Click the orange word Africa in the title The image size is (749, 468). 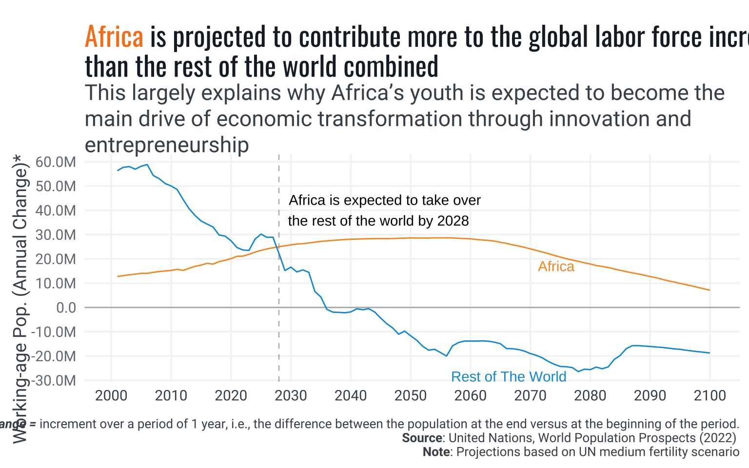point(114,37)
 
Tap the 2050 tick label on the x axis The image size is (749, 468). point(411,395)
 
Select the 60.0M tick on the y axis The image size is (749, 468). point(56,162)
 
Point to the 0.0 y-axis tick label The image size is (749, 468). point(66,308)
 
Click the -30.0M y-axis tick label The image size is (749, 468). point(54,380)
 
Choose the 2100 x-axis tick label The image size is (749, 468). point(710,395)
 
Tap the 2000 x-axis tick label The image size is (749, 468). point(111,395)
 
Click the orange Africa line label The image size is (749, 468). point(556,267)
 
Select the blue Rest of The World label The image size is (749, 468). point(509,377)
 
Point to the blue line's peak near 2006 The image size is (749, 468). point(147,165)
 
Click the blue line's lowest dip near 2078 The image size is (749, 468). point(578,371)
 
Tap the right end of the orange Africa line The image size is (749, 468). point(710,290)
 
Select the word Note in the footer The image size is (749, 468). point(436,452)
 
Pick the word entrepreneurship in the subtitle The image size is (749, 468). point(167,145)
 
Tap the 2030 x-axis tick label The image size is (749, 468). point(291,395)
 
